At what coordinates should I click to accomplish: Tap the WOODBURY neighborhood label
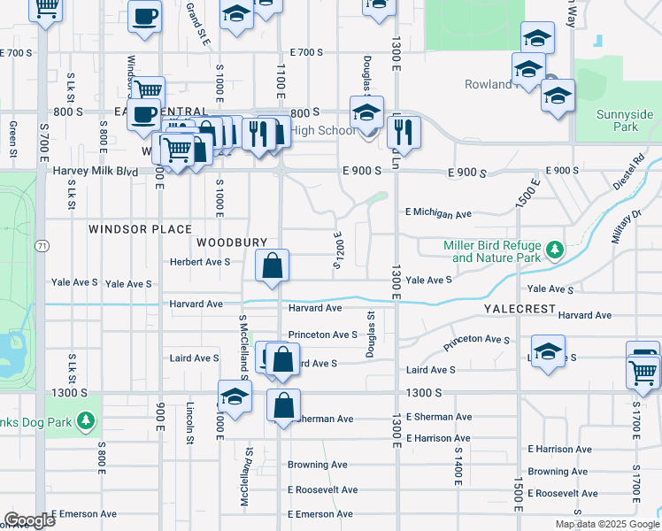232,242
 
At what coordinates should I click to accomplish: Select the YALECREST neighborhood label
520,309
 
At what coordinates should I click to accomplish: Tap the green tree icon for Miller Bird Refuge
555,250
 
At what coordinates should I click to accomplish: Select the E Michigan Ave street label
438,213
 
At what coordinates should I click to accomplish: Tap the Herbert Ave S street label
200,262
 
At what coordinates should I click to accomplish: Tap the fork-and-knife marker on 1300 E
403,134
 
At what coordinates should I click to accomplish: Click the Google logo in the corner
29,520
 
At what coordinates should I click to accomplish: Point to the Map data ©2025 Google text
606,524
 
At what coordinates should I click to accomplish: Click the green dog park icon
87,419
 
